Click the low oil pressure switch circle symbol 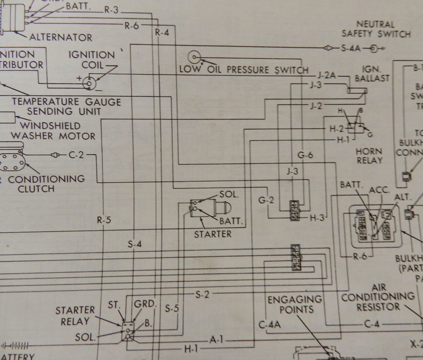click(x=194, y=57)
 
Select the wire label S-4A click(x=351, y=48)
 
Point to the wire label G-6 click(x=306, y=155)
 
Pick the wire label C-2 click(x=75, y=155)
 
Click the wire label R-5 click(x=104, y=220)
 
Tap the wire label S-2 click(x=202, y=294)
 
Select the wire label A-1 click(x=216, y=340)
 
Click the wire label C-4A click(x=270, y=324)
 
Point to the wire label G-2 click(x=266, y=201)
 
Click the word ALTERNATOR click(x=61, y=37)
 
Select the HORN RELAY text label click(x=369, y=155)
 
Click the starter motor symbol click(x=210, y=207)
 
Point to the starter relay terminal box click(x=128, y=331)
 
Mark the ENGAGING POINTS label click(x=295, y=304)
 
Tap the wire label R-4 click(x=162, y=33)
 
